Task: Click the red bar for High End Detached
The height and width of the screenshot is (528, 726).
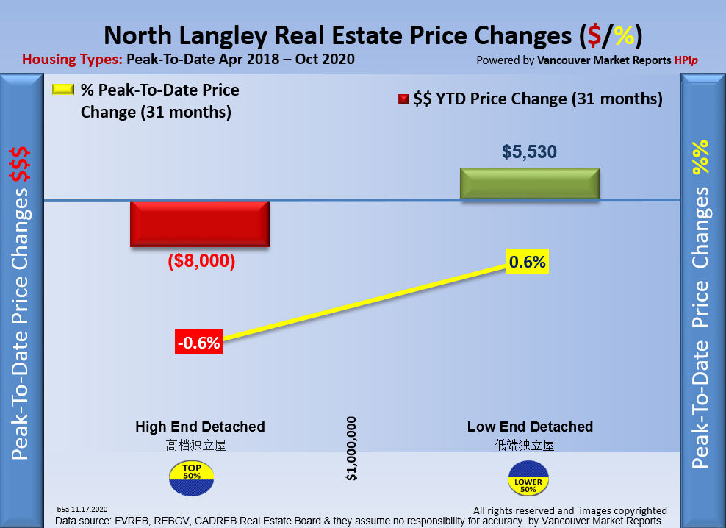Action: click(x=200, y=224)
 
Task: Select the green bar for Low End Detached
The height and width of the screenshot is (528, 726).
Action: click(x=530, y=183)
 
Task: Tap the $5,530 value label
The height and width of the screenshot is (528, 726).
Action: click(x=529, y=152)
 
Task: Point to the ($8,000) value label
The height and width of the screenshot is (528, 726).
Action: click(x=201, y=261)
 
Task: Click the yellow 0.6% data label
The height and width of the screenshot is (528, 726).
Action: click(x=528, y=262)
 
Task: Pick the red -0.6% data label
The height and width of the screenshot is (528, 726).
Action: click(x=198, y=343)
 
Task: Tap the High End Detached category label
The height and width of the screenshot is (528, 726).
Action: click(x=200, y=427)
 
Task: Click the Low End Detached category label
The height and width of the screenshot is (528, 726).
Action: click(x=530, y=427)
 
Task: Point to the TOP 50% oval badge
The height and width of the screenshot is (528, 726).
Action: click(x=192, y=477)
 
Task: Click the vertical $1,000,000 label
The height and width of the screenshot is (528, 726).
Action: click(x=351, y=449)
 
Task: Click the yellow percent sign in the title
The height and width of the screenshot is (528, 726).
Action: click(x=625, y=35)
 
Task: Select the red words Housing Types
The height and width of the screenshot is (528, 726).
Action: click(x=72, y=60)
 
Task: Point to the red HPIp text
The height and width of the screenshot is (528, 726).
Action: click(x=686, y=60)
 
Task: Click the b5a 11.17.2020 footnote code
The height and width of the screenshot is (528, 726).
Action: click(x=82, y=509)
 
